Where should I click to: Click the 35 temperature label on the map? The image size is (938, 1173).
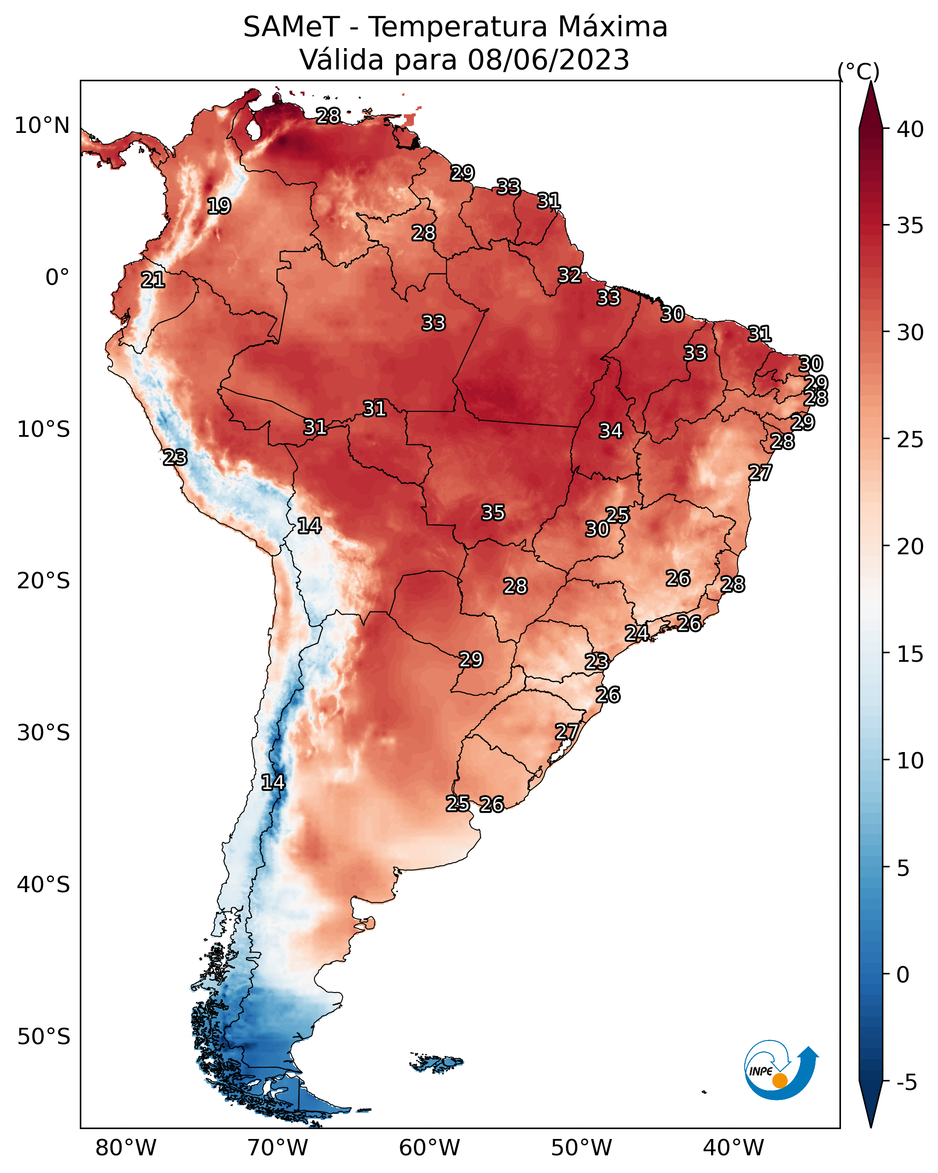[493, 513]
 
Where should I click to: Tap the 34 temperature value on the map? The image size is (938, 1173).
[611, 431]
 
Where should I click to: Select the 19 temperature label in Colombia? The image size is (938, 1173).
[219, 206]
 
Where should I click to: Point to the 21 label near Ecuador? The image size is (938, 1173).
[153, 280]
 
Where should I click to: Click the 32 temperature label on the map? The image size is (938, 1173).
[570, 275]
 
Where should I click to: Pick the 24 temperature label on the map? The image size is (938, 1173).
[636, 633]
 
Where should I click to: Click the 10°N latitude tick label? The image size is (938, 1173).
[42, 126]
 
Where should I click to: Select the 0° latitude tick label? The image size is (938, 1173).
[58, 278]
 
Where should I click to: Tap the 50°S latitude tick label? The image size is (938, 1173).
[44, 1037]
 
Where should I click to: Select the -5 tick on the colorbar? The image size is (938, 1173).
[907, 1083]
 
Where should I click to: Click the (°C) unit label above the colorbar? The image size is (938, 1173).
[859, 71]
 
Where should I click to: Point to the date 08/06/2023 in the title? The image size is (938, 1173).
[548, 60]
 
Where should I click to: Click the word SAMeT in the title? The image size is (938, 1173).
[292, 27]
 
